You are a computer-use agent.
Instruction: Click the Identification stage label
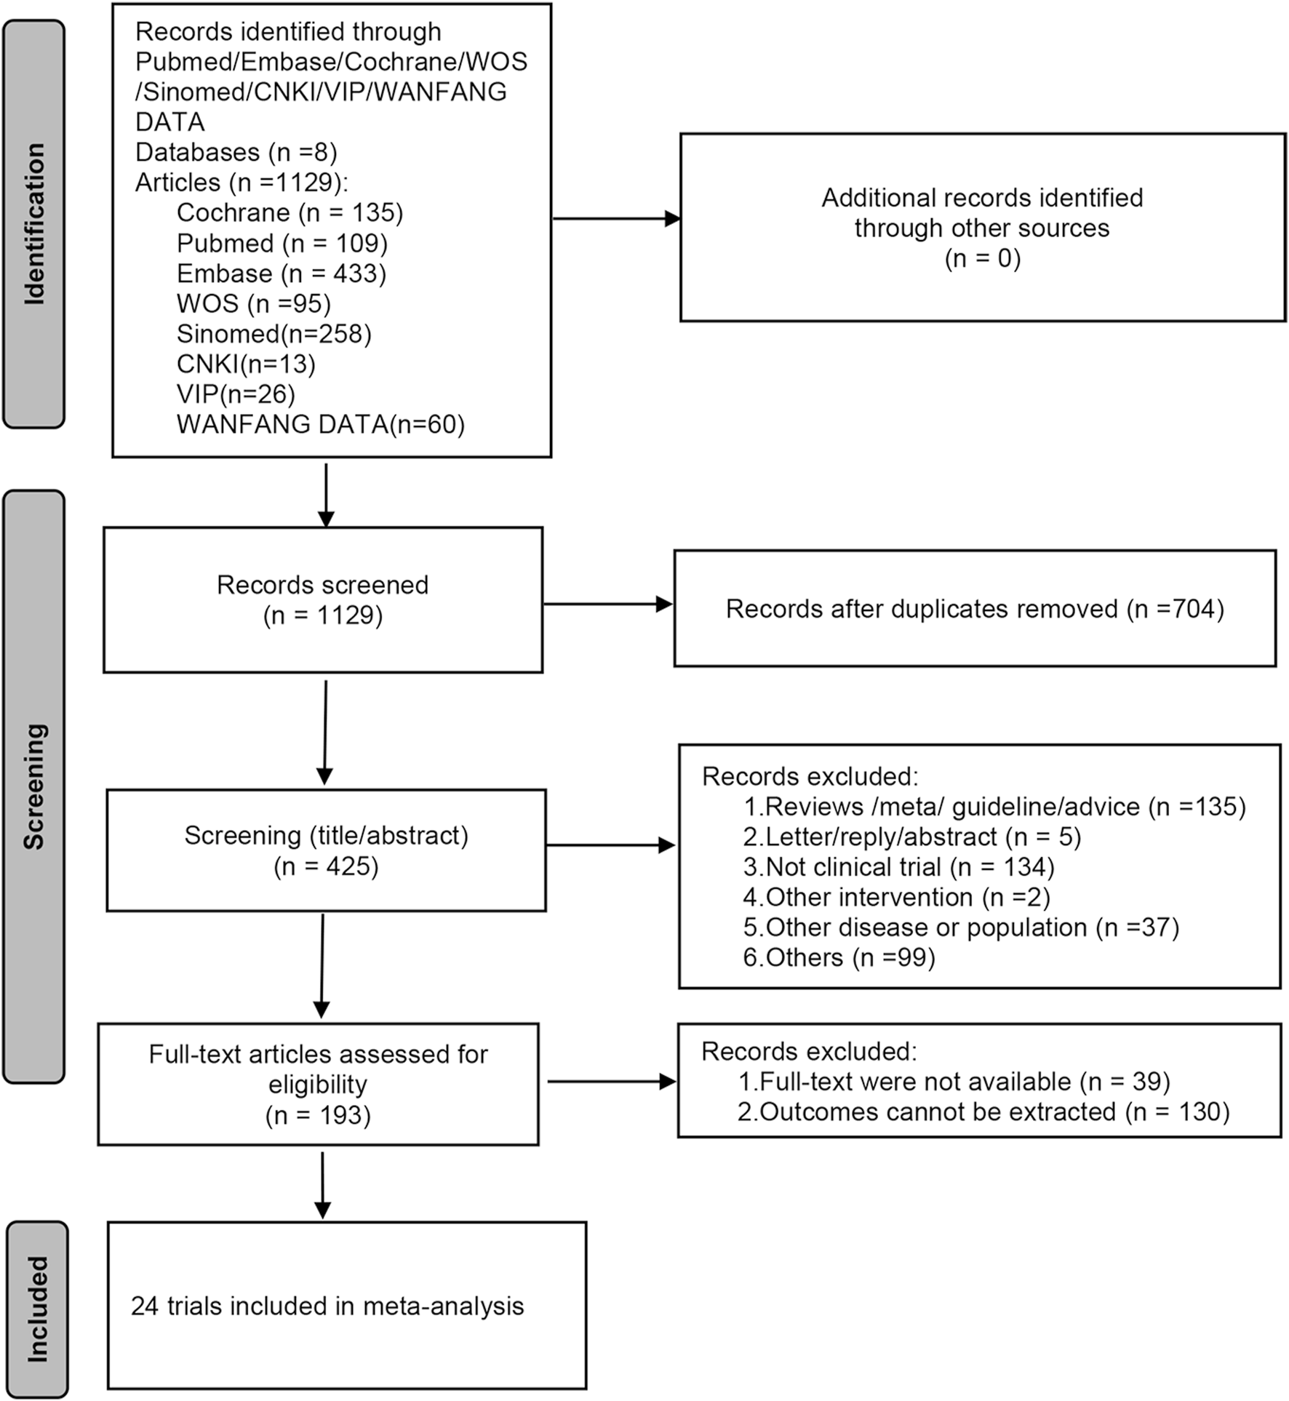point(34,223)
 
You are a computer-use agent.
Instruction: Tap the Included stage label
point(37,1309)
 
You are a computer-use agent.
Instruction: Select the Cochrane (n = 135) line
point(290,212)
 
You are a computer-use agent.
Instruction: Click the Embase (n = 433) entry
point(281,274)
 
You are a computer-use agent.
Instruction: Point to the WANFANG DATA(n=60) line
point(320,424)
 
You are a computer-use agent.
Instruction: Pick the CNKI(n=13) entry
point(246,364)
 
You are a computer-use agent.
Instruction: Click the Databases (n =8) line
point(236,152)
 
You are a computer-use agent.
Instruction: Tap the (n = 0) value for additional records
point(982,258)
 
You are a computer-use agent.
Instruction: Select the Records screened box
point(322,599)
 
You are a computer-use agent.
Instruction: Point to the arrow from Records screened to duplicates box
point(607,604)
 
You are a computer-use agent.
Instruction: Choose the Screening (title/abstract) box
point(326,850)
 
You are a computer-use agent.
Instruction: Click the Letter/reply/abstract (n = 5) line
point(911,837)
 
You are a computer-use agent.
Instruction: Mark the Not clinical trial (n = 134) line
point(898,867)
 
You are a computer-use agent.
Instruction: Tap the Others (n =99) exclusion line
point(839,957)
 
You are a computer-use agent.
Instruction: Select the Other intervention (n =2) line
point(896,898)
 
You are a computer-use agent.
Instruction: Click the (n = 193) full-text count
point(318,1115)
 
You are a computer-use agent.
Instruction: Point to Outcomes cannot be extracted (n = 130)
point(983,1112)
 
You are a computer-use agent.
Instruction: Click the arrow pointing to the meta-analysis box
point(322,1184)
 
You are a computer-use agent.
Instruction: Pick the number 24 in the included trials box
point(145,1306)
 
